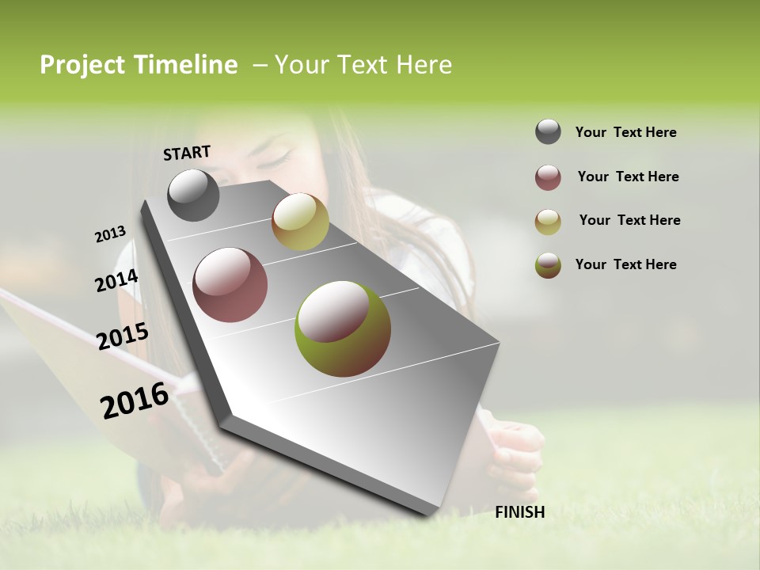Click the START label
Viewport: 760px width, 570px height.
tap(187, 153)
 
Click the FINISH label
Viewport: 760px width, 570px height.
tap(519, 512)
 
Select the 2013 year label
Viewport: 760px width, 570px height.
tap(110, 234)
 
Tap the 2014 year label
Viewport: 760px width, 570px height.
tap(116, 281)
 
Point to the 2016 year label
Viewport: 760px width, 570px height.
tap(135, 401)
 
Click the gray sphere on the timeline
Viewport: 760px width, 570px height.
tap(193, 195)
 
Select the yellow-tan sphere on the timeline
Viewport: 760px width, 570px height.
tap(300, 222)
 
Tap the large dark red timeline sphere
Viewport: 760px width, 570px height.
tap(230, 285)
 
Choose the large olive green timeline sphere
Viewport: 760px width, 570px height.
tap(343, 329)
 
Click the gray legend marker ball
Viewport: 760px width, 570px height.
tap(548, 132)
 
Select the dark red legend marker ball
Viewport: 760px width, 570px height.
tap(548, 177)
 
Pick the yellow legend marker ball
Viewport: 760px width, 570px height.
tap(548, 222)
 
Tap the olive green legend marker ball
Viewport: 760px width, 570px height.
tap(548, 265)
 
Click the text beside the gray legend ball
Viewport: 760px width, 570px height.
tap(625, 132)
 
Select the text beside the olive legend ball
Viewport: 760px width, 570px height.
tap(625, 264)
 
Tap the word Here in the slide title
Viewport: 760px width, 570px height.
tap(424, 65)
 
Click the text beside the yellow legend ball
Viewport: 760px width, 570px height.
tap(629, 220)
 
